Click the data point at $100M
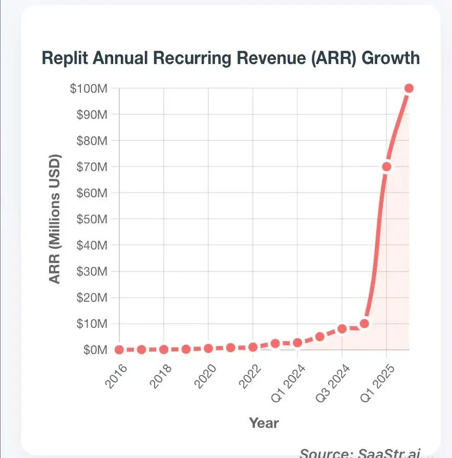click(x=409, y=88)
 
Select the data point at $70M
click(x=386, y=166)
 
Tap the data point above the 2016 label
click(x=119, y=350)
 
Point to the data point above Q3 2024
click(x=342, y=329)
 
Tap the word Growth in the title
click(x=391, y=58)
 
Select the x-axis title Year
click(x=264, y=423)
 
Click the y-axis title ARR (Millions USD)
click(x=55, y=219)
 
